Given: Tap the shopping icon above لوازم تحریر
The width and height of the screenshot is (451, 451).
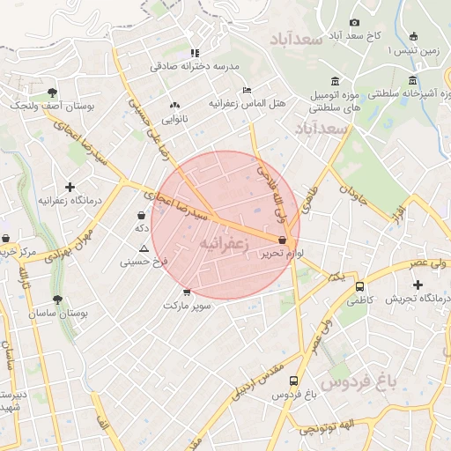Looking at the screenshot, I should click(282, 240).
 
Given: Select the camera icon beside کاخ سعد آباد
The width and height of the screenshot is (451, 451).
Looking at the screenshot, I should click(354, 22).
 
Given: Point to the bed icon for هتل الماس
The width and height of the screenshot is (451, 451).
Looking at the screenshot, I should click(248, 90).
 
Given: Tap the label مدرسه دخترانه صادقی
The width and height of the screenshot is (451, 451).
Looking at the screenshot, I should click(194, 65).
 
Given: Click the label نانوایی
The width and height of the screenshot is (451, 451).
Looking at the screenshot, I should click(174, 118).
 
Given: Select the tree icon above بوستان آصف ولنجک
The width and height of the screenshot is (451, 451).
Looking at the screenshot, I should click(53, 92).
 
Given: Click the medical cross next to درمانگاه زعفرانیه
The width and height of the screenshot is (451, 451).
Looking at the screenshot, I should click(70, 187).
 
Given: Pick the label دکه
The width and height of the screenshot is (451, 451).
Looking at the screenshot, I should click(141, 228).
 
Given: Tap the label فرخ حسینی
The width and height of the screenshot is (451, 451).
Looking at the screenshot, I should click(144, 262).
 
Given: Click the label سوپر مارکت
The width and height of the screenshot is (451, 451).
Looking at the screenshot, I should click(186, 305).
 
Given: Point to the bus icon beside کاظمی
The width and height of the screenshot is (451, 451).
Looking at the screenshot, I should click(359, 286).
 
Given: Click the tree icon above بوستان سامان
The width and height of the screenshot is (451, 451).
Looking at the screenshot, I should click(58, 299).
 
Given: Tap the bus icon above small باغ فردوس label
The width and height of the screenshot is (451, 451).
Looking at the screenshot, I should click(292, 381).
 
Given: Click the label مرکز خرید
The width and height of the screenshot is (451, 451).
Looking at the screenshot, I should click(21, 253).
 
